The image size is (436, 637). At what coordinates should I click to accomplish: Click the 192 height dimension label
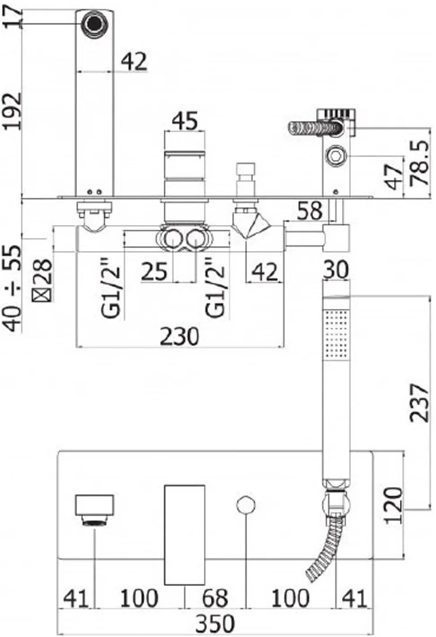click(x=12, y=111)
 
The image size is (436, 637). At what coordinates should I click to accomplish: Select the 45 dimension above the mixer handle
click(x=185, y=121)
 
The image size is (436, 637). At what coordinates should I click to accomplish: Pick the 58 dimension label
click(x=310, y=211)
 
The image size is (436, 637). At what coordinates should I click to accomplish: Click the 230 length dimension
click(x=179, y=336)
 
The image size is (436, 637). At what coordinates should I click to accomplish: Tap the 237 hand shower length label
click(x=419, y=403)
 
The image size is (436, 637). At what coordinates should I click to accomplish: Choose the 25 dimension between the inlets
click(x=154, y=271)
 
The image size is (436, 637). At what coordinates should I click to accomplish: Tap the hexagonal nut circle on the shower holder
click(x=336, y=155)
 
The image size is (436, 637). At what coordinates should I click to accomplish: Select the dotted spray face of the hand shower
click(x=336, y=334)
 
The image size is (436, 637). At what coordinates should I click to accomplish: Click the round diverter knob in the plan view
click(x=246, y=505)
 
